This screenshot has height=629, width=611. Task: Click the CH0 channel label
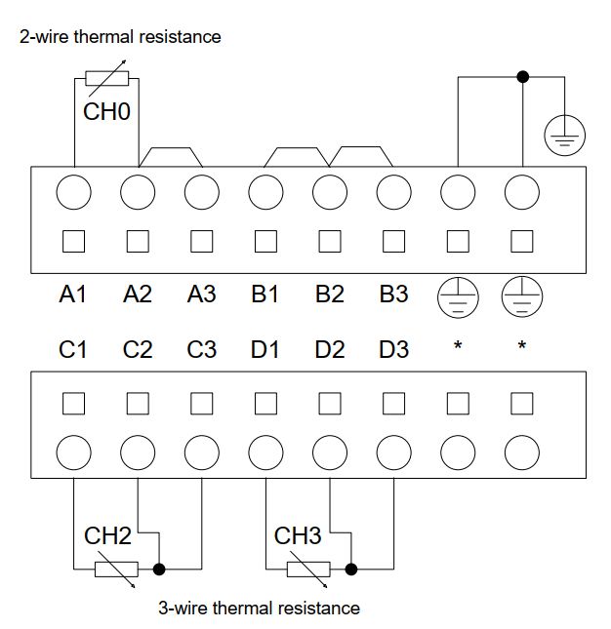(106, 111)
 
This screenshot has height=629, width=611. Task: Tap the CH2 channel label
(107, 535)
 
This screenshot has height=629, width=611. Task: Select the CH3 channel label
(298, 535)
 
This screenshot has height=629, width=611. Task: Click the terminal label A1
(73, 295)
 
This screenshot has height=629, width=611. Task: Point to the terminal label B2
(330, 295)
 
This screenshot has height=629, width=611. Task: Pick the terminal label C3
(201, 349)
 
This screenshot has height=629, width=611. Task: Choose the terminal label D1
(265, 349)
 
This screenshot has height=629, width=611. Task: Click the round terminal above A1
(72, 192)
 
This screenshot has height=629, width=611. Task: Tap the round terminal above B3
(393, 192)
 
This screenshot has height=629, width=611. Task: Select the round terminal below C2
(138, 452)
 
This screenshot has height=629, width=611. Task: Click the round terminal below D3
(393, 452)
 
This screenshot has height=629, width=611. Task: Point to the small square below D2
(330, 403)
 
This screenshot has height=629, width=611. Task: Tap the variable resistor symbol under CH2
(116, 570)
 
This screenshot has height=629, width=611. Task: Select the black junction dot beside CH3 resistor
(351, 569)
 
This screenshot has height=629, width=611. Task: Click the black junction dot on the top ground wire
(522, 77)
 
